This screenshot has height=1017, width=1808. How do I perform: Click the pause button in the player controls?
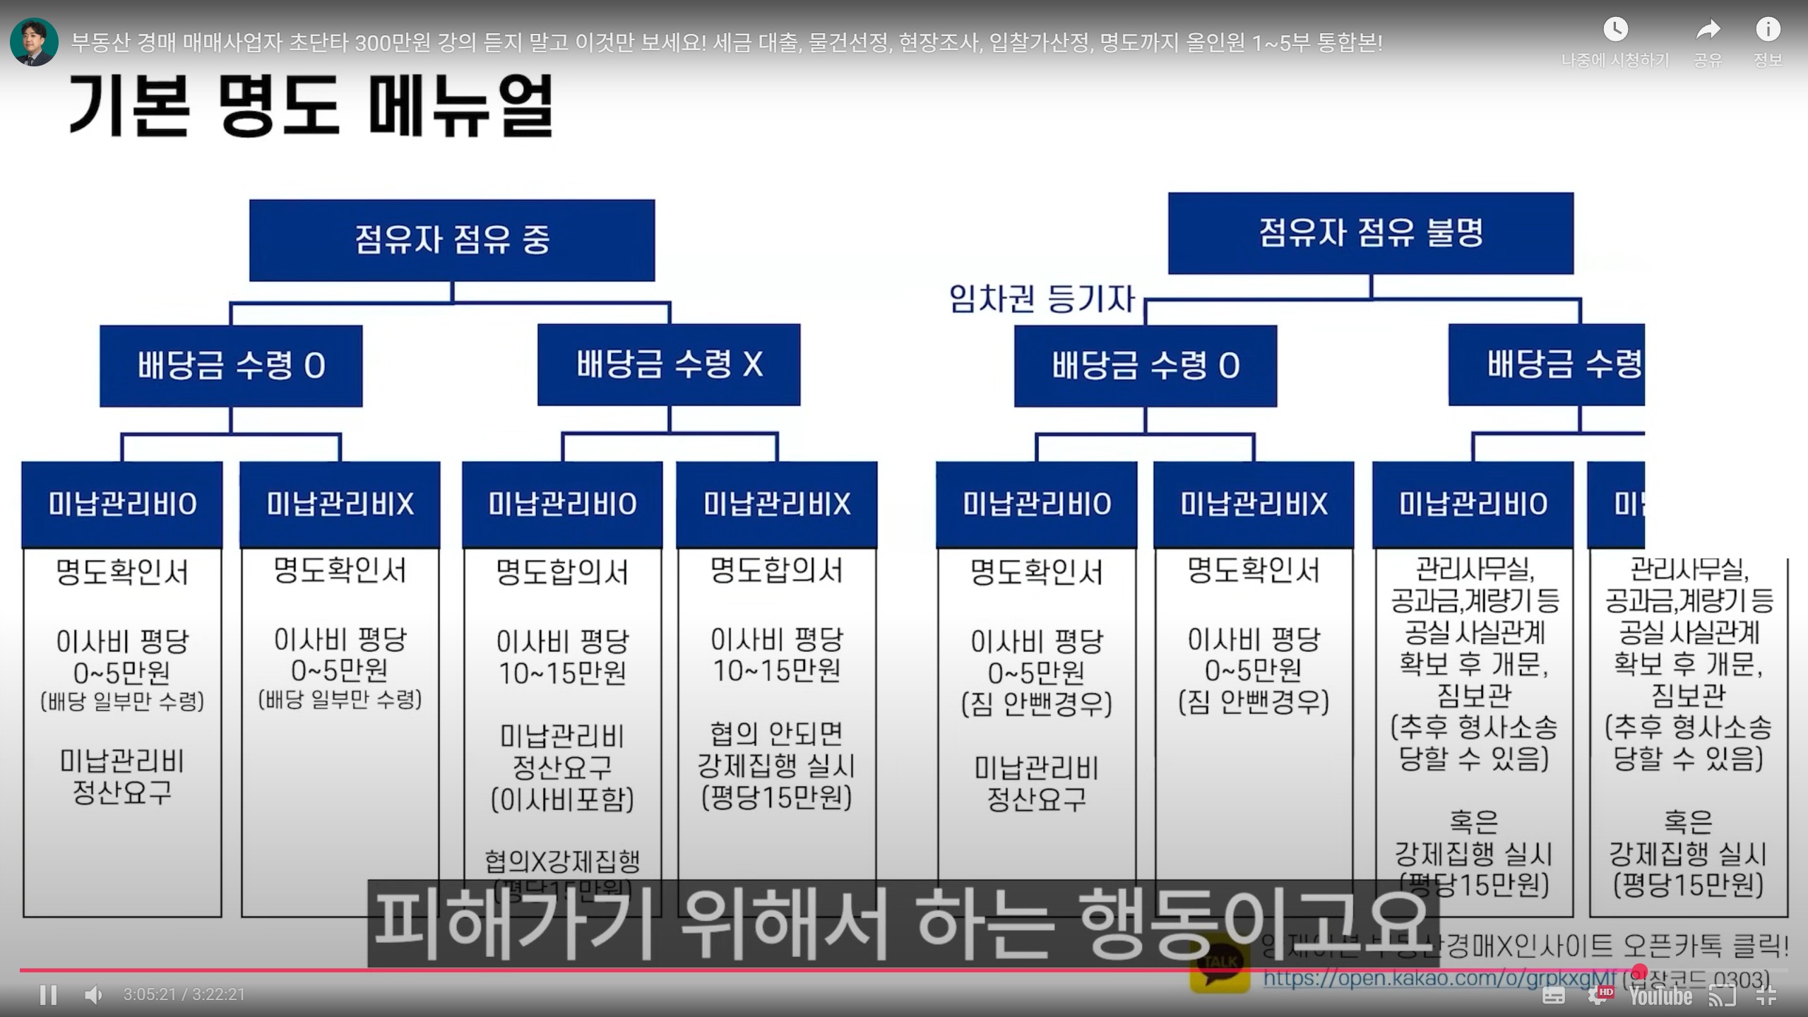(48, 994)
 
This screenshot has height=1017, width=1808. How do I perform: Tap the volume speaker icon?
(93, 994)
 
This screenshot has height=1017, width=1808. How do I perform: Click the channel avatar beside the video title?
(34, 42)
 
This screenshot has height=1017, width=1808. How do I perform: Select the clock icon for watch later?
(1615, 30)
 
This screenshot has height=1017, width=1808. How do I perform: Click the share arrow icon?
(1708, 30)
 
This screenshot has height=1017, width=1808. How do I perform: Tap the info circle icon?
(1768, 30)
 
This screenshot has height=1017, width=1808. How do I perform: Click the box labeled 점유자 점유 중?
(452, 240)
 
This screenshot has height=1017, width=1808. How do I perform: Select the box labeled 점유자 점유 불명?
(1370, 233)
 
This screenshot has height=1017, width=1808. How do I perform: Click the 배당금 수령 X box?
(669, 365)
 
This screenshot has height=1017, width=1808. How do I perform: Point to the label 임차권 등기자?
(1042, 299)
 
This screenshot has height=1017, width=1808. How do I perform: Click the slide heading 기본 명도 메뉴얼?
(311, 106)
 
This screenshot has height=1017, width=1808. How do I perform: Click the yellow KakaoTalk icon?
(1220, 964)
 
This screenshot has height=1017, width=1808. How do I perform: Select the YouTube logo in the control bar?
(1660, 996)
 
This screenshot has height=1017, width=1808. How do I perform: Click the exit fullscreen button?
(1766, 996)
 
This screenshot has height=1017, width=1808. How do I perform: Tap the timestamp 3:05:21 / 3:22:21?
(184, 994)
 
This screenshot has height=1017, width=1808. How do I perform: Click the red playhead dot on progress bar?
(1639, 970)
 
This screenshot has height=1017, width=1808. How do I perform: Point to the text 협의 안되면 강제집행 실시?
(776, 750)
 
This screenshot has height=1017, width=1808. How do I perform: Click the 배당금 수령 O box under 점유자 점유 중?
(231, 366)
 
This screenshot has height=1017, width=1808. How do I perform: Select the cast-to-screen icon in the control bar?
(1722, 996)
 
